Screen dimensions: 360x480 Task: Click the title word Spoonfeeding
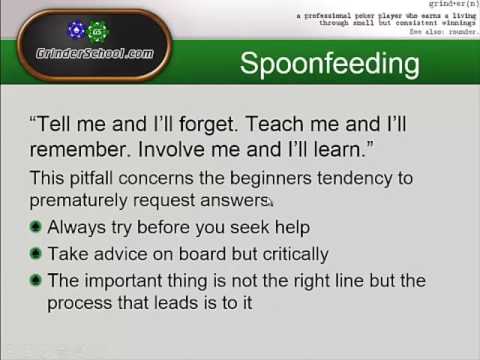tap(329, 64)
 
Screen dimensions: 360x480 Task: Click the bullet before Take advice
tap(36, 254)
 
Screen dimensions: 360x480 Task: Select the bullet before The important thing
tap(36, 280)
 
